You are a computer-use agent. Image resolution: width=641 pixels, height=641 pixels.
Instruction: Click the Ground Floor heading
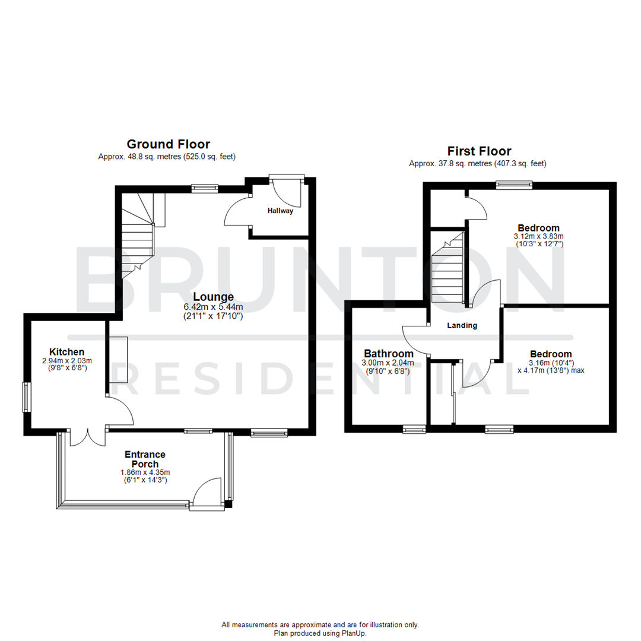(168, 144)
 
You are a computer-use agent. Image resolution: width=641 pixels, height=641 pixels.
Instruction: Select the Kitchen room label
(66, 352)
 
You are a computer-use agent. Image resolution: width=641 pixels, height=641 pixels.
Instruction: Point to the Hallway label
(280, 211)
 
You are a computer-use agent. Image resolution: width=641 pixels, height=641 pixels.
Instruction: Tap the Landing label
(462, 325)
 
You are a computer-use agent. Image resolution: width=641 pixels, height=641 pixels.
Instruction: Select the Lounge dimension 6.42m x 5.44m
(213, 307)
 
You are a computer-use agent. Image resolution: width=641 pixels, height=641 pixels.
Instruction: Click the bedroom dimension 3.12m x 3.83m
(538, 236)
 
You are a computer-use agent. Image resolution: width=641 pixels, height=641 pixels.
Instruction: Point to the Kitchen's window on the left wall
(26, 396)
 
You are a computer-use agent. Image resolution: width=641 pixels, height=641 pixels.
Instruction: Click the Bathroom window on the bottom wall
(414, 429)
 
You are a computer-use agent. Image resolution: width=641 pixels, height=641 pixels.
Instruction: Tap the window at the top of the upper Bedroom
(514, 185)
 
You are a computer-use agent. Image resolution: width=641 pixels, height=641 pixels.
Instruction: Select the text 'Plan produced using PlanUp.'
(320, 633)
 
